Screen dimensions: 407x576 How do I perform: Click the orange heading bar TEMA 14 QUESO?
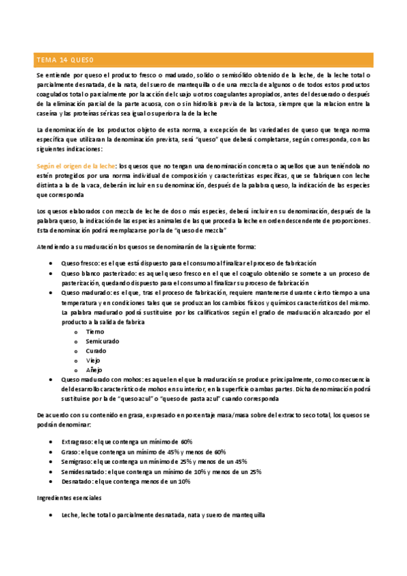point(203,58)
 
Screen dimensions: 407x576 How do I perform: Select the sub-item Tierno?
point(96,331)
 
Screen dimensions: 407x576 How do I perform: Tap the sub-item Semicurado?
point(102,341)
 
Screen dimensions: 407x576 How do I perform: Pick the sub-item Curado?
point(96,350)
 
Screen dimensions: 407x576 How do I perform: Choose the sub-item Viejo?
point(94,360)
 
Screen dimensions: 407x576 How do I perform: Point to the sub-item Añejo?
point(94,370)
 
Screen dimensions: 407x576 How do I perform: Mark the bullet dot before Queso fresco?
point(53,264)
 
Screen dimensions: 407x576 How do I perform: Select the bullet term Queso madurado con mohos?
point(98,380)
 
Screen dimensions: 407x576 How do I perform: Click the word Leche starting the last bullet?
point(69,516)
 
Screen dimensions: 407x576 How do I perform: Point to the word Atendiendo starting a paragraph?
point(53,247)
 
